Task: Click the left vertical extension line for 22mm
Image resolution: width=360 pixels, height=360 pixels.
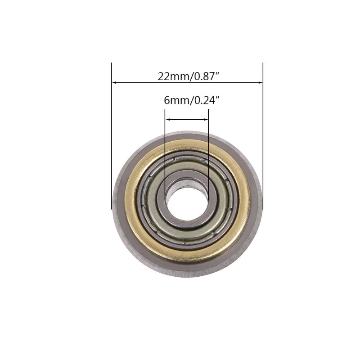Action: (111, 135)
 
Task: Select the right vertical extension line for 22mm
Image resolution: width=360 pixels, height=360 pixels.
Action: (263, 135)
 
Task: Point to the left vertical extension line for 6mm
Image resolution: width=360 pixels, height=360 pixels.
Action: (165, 148)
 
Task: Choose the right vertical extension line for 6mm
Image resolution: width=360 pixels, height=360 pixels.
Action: (208, 148)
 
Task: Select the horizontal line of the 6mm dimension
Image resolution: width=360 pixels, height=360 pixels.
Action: (187, 119)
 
